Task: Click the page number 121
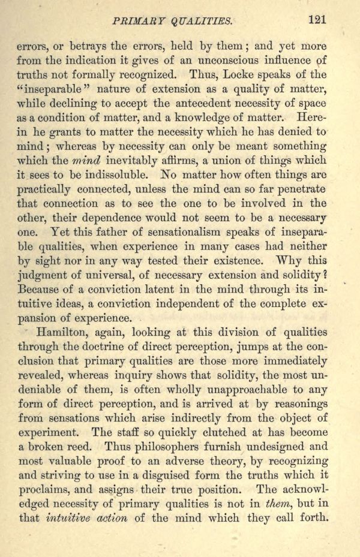pyautogui.click(x=317, y=19)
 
